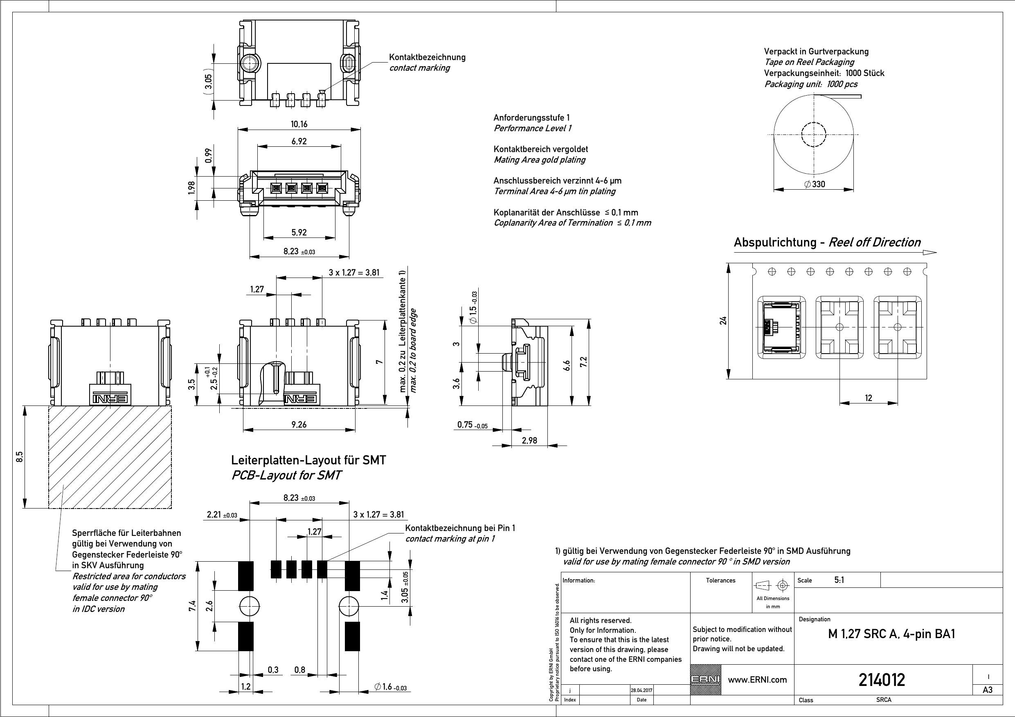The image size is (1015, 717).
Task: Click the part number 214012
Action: (x=882, y=680)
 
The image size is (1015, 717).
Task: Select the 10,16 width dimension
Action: (x=299, y=124)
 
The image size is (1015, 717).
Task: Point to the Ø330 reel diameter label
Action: (x=815, y=184)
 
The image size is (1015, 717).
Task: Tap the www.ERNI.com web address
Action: (x=757, y=680)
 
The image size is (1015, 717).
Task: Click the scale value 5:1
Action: (x=839, y=580)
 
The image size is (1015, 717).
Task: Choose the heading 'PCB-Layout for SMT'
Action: (x=286, y=475)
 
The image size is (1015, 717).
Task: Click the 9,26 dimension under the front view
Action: (x=299, y=425)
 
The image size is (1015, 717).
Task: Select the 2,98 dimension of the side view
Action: (x=529, y=440)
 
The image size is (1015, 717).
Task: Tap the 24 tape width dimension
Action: (x=723, y=321)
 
